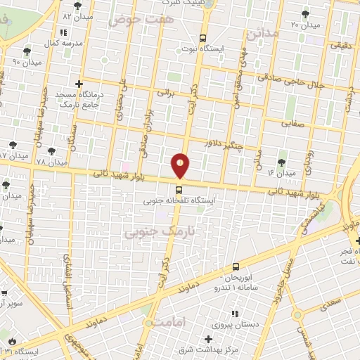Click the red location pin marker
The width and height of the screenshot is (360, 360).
click(180, 165)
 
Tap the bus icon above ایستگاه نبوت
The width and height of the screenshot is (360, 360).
click(202, 39)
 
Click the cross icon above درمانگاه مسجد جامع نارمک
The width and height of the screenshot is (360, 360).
click(79, 83)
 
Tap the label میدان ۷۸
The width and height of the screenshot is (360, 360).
click(51, 162)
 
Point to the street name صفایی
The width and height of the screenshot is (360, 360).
click(297, 122)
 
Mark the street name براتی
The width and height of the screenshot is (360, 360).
click(164, 91)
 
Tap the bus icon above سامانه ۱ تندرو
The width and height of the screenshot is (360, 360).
click(236, 266)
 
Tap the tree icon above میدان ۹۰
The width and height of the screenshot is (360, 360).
click(26, 51)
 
